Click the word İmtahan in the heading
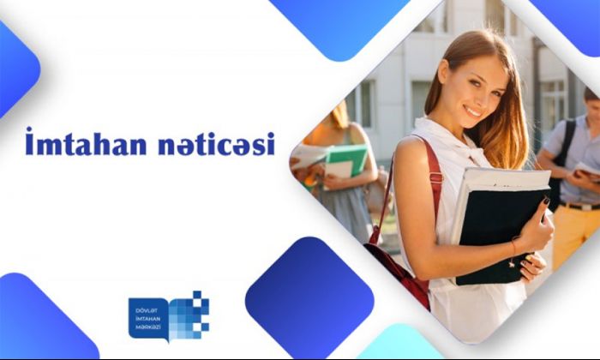click(86, 142)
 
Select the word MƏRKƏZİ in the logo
click(148, 327)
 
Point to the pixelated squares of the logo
click(189, 315)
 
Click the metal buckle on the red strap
click(435, 177)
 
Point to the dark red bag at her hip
click(398, 272)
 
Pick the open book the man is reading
click(587, 171)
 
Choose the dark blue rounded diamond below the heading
click(309, 297)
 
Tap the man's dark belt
click(580, 207)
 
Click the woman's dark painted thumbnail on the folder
click(546, 200)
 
